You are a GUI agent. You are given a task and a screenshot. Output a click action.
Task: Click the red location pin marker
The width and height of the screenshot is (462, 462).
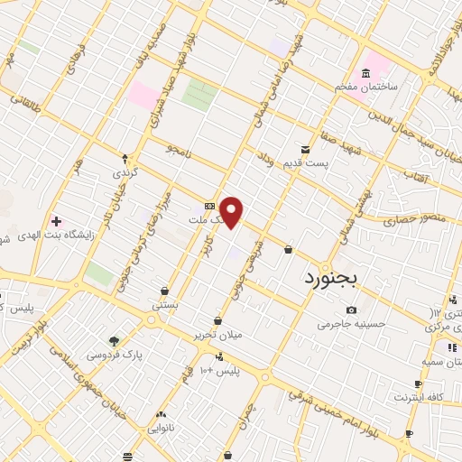(x=232, y=212)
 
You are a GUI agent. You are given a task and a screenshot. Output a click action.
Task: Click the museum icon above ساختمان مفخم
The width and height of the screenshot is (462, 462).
(x=365, y=73)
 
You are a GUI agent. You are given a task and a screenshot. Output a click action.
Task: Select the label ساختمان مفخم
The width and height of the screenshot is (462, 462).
(x=365, y=87)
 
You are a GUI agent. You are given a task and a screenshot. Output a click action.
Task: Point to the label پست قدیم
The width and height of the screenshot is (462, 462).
(x=306, y=163)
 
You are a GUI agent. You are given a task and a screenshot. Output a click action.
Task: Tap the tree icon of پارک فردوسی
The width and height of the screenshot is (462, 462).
(x=114, y=341)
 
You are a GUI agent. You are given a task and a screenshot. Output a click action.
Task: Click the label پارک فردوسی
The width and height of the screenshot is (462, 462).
(x=115, y=355)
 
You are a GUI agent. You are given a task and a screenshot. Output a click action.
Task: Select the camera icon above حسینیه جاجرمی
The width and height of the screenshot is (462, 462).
(x=351, y=310)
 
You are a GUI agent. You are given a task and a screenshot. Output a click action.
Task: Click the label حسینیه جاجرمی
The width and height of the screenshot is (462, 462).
(x=351, y=324)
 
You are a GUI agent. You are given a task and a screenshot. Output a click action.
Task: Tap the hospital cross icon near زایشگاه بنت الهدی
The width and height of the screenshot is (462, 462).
(x=56, y=221)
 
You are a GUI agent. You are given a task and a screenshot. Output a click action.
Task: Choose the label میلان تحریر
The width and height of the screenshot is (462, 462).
(x=217, y=335)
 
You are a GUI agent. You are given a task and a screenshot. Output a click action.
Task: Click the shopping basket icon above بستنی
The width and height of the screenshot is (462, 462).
(x=164, y=291)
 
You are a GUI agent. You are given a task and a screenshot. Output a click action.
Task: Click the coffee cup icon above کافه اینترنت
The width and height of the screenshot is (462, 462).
(x=417, y=383)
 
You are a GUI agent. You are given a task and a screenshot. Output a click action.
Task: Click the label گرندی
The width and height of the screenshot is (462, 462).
(x=125, y=171)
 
